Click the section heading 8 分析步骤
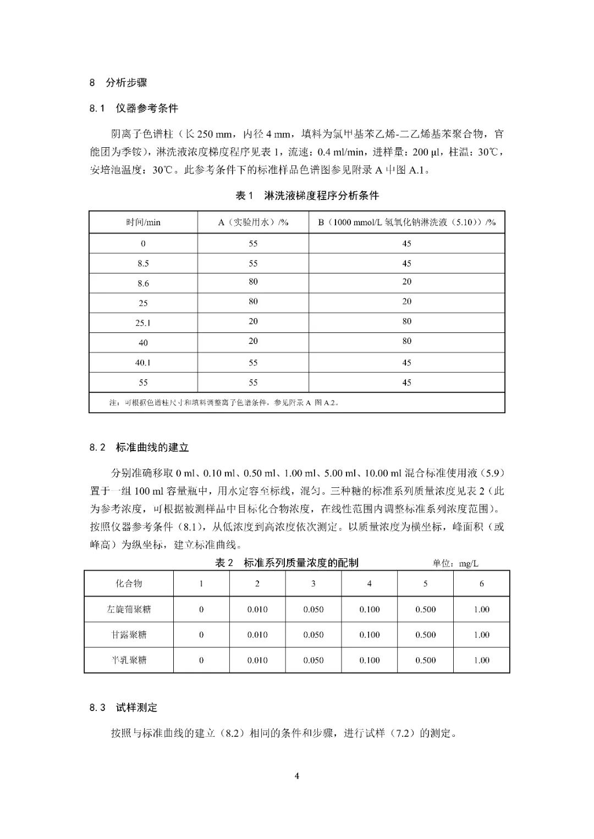click(118, 83)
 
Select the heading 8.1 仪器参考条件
click(134, 108)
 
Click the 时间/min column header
click(143, 223)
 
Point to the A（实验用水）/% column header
click(253, 223)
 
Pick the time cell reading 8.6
click(143, 284)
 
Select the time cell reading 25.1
click(143, 323)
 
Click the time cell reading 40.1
click(143, 363)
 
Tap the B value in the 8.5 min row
click(406, 263)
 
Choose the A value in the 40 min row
click(253, 341)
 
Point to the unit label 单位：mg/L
click(455, 564)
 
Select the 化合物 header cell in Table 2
click(129, 584)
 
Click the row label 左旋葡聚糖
click(129, 609)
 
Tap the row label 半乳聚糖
click(129, 660)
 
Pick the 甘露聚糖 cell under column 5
click(425, 635)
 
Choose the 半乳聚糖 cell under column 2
click(257, 660)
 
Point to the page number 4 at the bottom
click(297, 776)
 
